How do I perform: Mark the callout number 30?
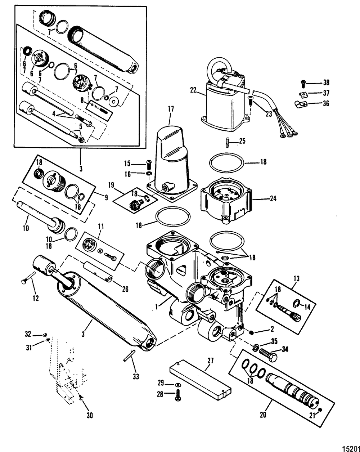[90, 415]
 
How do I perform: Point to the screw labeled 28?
[178, 395]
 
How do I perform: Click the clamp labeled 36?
[301, 105]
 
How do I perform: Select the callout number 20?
[263, 415]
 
